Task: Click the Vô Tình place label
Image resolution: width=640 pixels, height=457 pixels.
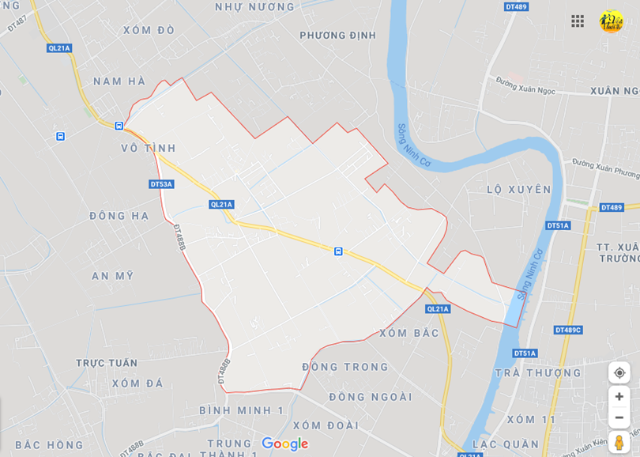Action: (x=149, y=148)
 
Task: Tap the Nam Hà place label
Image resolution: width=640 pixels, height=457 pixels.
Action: (x=119, y=81)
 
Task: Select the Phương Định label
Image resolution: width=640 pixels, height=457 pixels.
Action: (x=337, y=35)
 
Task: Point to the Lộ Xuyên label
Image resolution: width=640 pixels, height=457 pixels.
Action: (x=519, y=189)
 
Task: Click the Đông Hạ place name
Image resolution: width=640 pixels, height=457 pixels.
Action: (x=119, y=215)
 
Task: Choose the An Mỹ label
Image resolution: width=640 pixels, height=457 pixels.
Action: (x=112, y=275)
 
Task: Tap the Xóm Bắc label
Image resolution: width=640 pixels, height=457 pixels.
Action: (x=408, y=333)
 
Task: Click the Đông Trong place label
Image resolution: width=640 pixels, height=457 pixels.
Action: (x=345, y=367)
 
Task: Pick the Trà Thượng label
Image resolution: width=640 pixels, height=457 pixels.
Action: (x=538, y=372)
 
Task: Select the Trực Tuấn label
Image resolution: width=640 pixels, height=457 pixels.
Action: (x=107, y=363)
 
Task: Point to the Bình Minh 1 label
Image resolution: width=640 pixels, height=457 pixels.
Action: (x=241, y=410)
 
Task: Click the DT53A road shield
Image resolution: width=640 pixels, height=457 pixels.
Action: (x=161, y=184)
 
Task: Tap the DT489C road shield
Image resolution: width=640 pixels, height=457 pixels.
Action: (x=567, y=330)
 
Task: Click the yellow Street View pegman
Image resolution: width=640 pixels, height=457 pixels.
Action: (x=619, y=442)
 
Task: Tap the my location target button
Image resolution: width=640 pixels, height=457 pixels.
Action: (x=619, y=372)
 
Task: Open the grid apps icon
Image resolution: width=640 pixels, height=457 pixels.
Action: (x=578, y=21)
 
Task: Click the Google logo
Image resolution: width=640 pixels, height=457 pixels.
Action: (x=284, y=444)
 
